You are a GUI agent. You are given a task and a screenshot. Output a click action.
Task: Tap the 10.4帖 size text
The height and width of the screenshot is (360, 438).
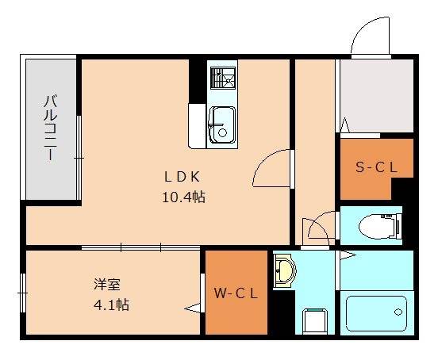(184, 197)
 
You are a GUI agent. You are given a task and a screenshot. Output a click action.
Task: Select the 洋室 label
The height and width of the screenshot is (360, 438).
(107, 284)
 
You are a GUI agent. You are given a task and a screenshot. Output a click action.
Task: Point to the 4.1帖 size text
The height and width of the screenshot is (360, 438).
(111, 304)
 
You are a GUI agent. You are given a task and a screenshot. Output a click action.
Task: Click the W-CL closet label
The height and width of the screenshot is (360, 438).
(236, 293)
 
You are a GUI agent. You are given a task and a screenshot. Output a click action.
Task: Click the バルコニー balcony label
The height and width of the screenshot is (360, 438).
(49, 127)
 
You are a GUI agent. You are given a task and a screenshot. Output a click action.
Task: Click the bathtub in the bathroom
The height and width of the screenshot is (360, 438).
(376, 312)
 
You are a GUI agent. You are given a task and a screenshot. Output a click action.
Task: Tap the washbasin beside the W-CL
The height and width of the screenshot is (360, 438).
(283, 271)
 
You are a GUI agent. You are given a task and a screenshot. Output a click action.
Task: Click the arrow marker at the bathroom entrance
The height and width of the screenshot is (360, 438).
(347, 255)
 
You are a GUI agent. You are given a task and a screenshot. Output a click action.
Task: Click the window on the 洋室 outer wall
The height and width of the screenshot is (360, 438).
(23, 294)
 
